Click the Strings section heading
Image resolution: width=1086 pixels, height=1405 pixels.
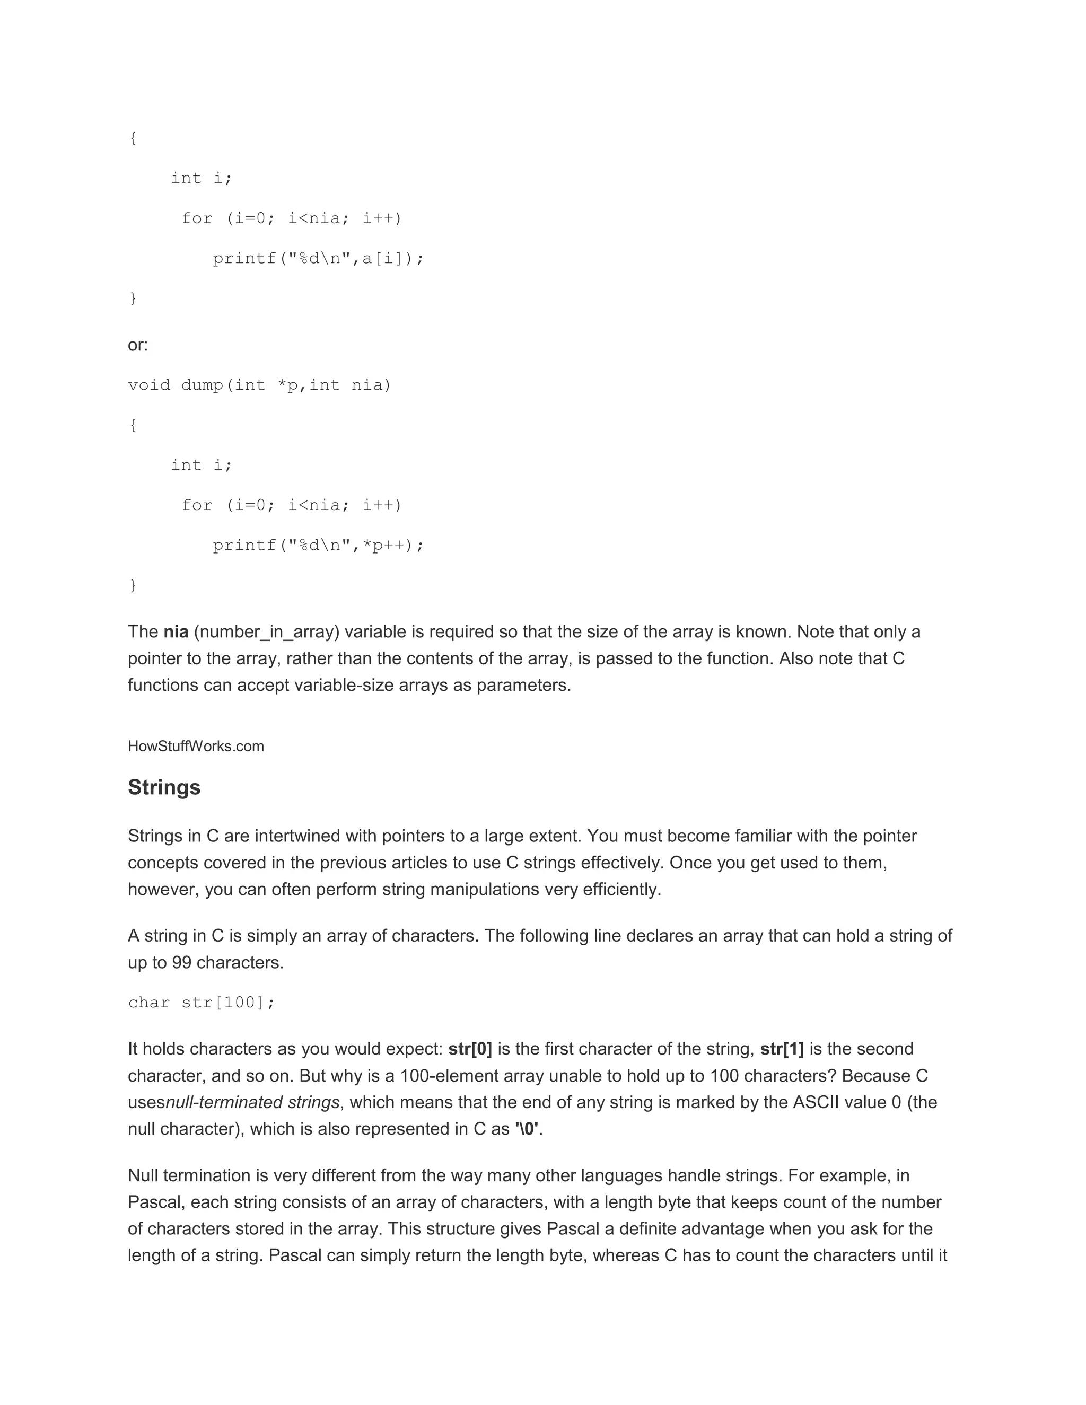pos(164,787)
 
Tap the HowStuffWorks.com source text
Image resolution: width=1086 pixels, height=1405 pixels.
pos(196,747)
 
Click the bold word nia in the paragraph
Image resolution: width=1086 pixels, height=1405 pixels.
pos(176,632)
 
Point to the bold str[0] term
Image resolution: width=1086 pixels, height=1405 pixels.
pos(470,1049)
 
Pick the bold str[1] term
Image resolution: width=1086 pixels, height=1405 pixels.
pos(782,1049)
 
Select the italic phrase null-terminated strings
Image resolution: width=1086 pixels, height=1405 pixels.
pos(252,1103)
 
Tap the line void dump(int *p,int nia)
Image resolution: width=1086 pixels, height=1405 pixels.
pos(259,385)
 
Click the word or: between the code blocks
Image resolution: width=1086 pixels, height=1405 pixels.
pos(138,346)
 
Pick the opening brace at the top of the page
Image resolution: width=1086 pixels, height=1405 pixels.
pos(133,138)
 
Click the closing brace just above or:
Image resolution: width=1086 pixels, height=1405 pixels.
pos(133,298)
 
